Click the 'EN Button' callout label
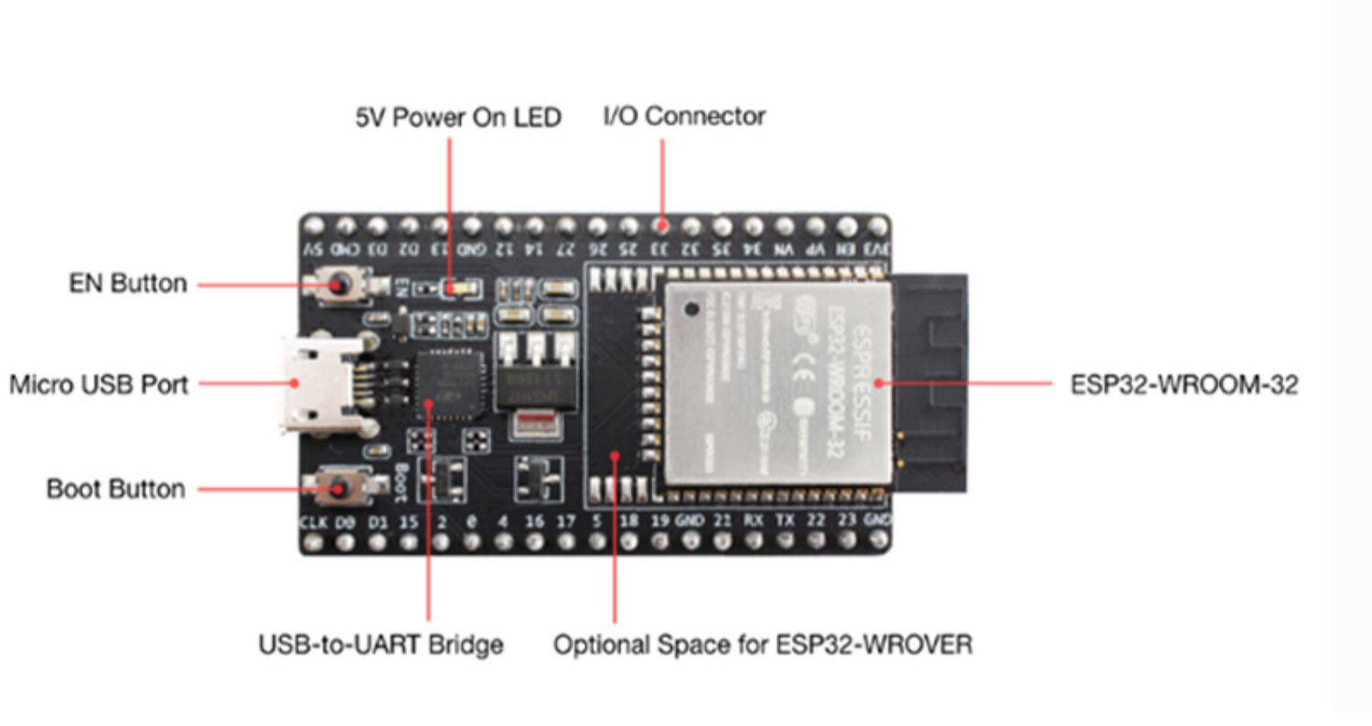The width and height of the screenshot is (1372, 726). coord(127,284)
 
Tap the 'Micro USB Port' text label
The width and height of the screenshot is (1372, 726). coord(99,385)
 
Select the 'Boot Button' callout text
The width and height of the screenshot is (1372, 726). coord(115,489)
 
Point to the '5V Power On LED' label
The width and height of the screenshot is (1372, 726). coord(458,118)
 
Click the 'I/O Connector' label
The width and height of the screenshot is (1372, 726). coord(684,116)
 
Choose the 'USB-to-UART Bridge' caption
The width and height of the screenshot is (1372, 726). coord(381,645)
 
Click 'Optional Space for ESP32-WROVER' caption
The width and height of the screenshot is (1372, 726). coord(763,645)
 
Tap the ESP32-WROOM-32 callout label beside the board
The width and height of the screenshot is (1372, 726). coord(1184,385)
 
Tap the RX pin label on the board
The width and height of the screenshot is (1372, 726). coord(753,521)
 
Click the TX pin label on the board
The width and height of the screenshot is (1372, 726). coord(785,521)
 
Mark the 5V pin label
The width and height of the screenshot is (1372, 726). coord(313,249)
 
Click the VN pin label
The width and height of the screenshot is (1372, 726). coord(784,249)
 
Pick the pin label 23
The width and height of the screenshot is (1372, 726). coord(848,521)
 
